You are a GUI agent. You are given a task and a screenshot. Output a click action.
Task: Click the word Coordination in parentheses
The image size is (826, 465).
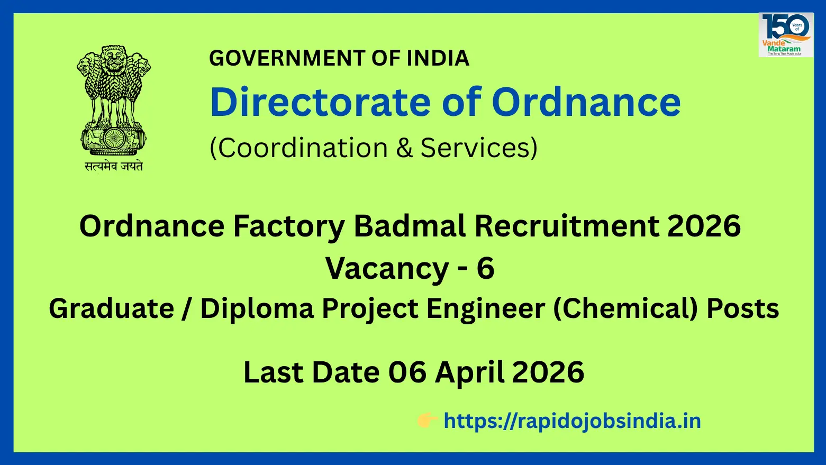[302, 148]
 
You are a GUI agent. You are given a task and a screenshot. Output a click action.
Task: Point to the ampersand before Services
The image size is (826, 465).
[404, 148]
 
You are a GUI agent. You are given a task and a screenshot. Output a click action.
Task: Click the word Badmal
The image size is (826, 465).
[410, 226]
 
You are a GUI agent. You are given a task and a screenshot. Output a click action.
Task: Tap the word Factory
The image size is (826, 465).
[289, 226]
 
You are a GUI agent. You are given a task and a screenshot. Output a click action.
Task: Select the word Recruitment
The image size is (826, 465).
[566, 226]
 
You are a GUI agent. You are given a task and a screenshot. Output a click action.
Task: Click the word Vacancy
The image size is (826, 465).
[387, 268]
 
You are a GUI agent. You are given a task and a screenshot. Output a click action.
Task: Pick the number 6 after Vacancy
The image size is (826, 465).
[485, 268]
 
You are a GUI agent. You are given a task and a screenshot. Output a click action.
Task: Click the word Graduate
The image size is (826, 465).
[111, 308]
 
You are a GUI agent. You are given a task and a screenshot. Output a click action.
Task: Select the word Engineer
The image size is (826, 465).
[485, 308]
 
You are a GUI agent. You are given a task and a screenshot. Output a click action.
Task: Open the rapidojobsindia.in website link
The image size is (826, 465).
[572, 421]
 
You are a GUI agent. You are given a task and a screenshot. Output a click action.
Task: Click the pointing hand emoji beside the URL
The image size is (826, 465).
[426, 421]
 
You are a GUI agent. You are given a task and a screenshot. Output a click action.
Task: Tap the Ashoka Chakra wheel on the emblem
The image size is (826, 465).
[113, 139]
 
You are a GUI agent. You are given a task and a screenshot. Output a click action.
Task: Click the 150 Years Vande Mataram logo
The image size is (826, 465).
[786, 35]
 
